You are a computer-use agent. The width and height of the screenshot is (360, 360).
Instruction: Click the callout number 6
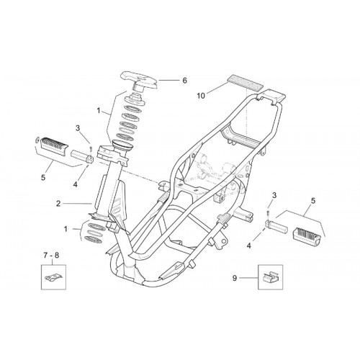pyautogui.click(x=184, y=81)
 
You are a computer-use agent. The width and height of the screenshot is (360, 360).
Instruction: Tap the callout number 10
pyautogui.click(x=201, y=96)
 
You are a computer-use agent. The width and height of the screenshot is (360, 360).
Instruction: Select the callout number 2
pyautogui.click(x=58, y=204)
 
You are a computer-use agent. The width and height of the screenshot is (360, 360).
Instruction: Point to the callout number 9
pyautogui.click(x=235, y=278)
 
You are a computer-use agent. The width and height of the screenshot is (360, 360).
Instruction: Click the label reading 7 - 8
pyautogui.click(x=51, y=256)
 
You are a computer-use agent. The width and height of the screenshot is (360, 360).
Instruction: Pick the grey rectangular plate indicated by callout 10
pyautogui.click(x=245, y=81)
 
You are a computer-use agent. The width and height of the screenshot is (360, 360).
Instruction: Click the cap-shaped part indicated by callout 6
pyautogui.click(x=140, y=81)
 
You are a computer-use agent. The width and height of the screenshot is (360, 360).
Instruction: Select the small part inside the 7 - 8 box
pyautogui.click(x=54, y=277)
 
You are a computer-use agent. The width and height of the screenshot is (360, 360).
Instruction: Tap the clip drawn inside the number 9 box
pyautogui.click(x=270, y=276)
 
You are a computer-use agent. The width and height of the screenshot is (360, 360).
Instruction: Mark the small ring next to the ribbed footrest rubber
pyautogui.click(x=37, y=140)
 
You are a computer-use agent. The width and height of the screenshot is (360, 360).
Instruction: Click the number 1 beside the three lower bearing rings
pyautogui.click(x=66, y=229)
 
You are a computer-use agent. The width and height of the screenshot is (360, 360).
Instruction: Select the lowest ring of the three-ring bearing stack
pyautogui.click(x=94, y=239)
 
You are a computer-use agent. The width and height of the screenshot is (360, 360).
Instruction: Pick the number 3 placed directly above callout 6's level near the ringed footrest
pyautogui.click(x=78, y=128)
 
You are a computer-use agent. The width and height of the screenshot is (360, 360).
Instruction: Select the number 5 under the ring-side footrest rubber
pyautogui.click(x=43, y=178)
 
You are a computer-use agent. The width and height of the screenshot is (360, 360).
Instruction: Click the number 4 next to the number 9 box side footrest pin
pyautogui.click(x=249, y=246)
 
